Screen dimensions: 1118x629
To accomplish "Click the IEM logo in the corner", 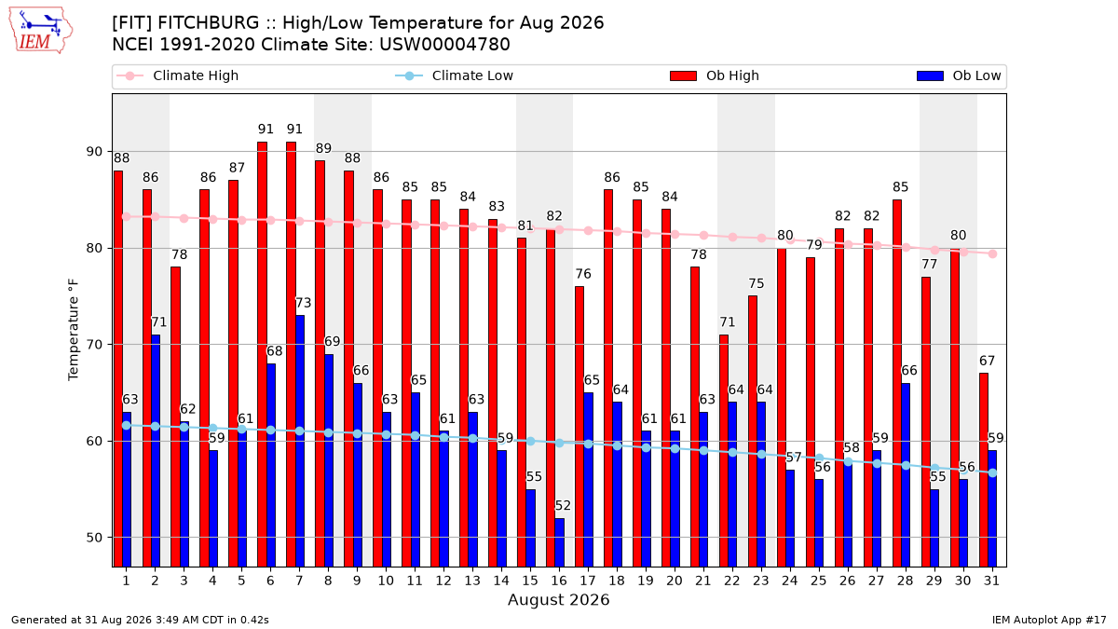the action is [x=41, y=31].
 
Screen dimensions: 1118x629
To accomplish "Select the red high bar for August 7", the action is [x=291, y=354].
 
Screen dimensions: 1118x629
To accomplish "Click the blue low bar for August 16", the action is [x=560, y=542].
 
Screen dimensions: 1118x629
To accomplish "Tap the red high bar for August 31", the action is [x=984, y=471].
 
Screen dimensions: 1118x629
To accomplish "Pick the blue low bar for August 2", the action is [x=156, y=451].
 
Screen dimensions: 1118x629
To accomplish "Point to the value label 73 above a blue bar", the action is [x=304, y=303].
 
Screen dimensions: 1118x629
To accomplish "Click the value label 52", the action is [x=563, y=506].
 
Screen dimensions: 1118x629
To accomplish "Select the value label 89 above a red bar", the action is [x=323, y=148].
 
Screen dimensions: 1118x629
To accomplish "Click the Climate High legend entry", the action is [x=177, y=75].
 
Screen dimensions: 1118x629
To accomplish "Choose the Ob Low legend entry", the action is [x=959, y=75].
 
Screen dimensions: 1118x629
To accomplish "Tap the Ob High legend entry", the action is [x=715, y=75].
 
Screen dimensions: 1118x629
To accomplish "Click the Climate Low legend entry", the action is [x=455, y=75].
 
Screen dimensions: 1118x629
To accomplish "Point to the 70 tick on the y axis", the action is [x=94, y=345].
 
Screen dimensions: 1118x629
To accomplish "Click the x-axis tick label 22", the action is [x=732, y=581].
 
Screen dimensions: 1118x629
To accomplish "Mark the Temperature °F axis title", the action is [x=74, y=330].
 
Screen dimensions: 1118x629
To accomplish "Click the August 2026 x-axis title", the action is [x=558, y=599].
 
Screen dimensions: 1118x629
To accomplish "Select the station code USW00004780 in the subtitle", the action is [x=444, y=45].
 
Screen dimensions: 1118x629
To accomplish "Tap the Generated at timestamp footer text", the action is [x=140, y=620].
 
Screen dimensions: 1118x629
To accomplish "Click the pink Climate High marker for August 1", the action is [x=127, y=216].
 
